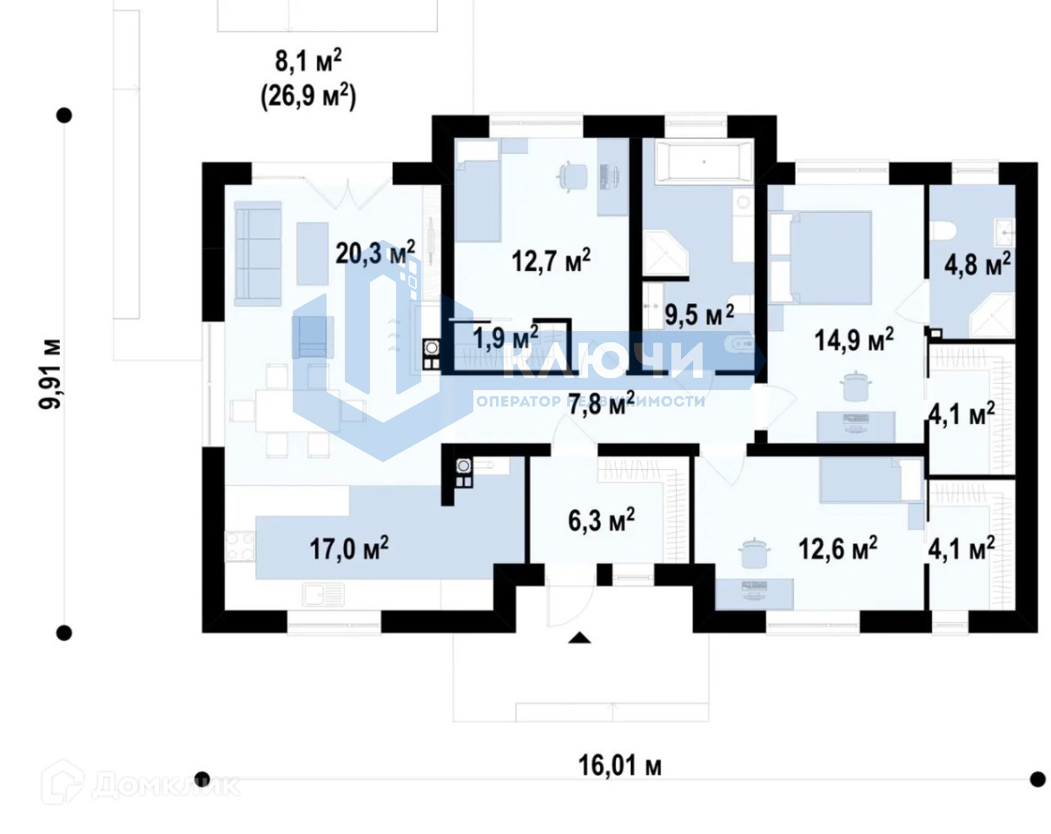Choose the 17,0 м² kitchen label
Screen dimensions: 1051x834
[x=348, y=548]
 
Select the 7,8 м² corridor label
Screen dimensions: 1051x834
[x=600, y=402]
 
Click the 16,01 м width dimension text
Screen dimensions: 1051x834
[x=619, y=766]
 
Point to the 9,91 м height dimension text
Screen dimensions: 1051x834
[x=55, y=374]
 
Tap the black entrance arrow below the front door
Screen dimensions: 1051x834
[x=579, y=639]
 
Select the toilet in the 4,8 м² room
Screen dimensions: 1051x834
[x=944, y=231]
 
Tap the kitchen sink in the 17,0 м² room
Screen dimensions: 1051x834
[x=323, y=595]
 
